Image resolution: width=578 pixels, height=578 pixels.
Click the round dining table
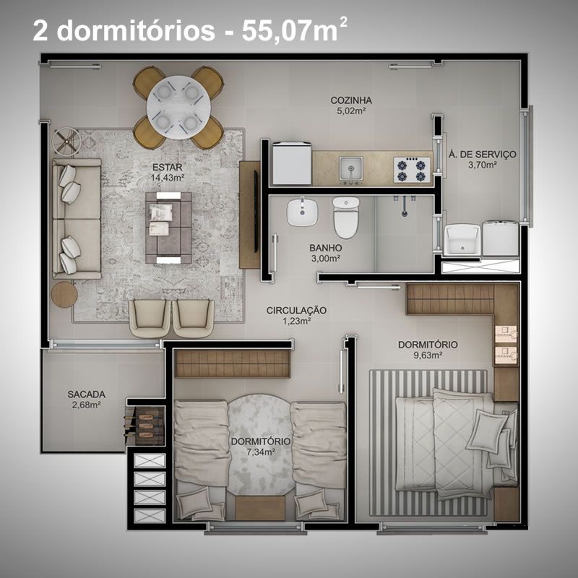coord(178,107)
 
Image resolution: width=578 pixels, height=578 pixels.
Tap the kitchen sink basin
coord(351,168)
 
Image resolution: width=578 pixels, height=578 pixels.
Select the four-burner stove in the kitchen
coord(412,170)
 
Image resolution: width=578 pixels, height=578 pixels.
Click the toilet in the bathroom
coord(346,217)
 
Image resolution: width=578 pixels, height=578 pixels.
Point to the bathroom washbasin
coord(302,212)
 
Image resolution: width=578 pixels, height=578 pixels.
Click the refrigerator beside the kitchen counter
coord(292,163)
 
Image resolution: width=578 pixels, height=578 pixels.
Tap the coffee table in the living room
coord(168,228)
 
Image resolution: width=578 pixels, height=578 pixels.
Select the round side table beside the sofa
coord(64,295)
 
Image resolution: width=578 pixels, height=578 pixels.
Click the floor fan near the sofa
coord(66,141)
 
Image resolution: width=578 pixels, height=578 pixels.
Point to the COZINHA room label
coord(351,100)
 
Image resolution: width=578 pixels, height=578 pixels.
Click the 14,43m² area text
coord(168,178)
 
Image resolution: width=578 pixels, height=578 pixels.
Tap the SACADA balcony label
coord(87,394)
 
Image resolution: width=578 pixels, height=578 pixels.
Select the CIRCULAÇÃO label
coord(296,311)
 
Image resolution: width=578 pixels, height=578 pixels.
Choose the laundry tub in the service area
coord(462,240)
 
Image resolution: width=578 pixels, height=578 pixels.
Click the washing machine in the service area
coord(500,238)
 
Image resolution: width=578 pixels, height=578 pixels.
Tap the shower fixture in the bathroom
coord(405,205)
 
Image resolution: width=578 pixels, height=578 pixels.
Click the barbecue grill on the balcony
coord(145,426)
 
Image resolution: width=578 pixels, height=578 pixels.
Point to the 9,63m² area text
coord(428,355)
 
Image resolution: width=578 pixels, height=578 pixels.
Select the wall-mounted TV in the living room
coord(256,211)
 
